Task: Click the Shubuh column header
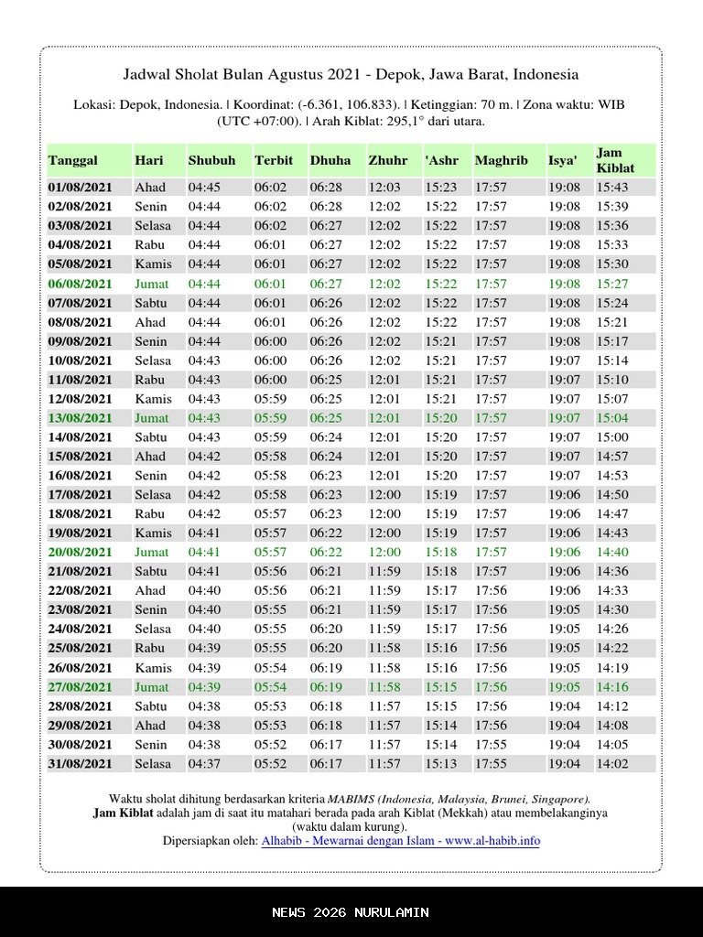coord(211,160)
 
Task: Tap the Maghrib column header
coord(501,160)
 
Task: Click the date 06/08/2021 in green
coord(80,284)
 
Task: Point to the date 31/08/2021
coord(80,764)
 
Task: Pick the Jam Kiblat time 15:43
coord(612,188)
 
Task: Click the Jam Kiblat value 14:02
coord(612,764)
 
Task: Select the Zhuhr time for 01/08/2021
coord(384,188)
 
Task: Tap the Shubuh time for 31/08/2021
coord(204,764)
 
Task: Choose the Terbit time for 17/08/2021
coord(270,495)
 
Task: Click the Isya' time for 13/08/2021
coord(564,418)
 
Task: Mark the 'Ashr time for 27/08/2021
coord(441,687)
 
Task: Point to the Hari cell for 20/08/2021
coord(151,553)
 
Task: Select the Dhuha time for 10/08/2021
coord(326,361)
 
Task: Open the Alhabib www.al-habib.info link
coord(400,841)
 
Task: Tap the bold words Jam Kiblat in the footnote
coord(123,813)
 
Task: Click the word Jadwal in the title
coord(146,74)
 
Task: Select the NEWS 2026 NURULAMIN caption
coord(351,912)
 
